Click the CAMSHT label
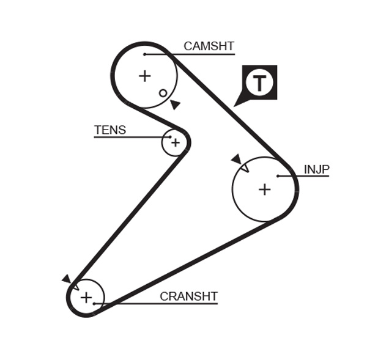click(209, 46)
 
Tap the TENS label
click(110, 130)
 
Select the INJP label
click(316, 169)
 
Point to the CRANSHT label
click(188, 296)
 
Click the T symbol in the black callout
click(261, 83)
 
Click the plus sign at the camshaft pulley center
click(144, 76)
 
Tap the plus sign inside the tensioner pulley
click(176, 142)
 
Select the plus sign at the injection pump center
click(264, 189)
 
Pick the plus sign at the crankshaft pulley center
click(86, 298)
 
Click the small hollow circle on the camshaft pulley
click(163, 93)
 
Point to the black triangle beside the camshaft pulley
click(175, 105)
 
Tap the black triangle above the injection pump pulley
click(235, 159)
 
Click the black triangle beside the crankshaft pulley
click(66, 279)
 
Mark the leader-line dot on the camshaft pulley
click(145, 54)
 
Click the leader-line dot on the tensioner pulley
click(170, 137)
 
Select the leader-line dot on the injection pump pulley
click(278, 176)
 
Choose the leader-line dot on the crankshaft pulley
click(94, 304)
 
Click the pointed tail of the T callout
click(236, 105)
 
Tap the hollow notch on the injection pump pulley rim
click(243, 166)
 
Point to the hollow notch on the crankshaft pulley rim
click(75, 285)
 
